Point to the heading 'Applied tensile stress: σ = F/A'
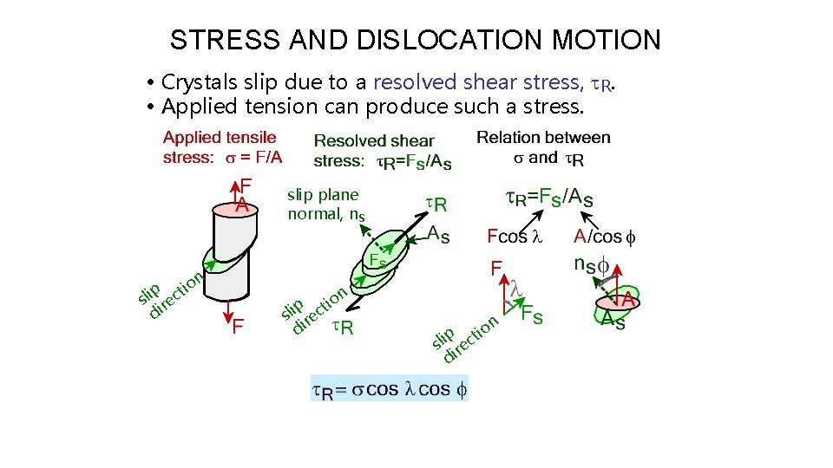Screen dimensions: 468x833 tap(222, 147)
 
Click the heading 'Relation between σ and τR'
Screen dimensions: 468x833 tap(543, 147)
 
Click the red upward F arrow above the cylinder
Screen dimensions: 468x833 tap(233, 192)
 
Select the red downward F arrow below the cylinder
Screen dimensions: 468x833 tap(228, 314)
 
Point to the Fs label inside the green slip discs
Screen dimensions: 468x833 tap(377, 260)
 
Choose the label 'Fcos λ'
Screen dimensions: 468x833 tap(514, 236)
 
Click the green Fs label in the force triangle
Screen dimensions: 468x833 tap(532, 315)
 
